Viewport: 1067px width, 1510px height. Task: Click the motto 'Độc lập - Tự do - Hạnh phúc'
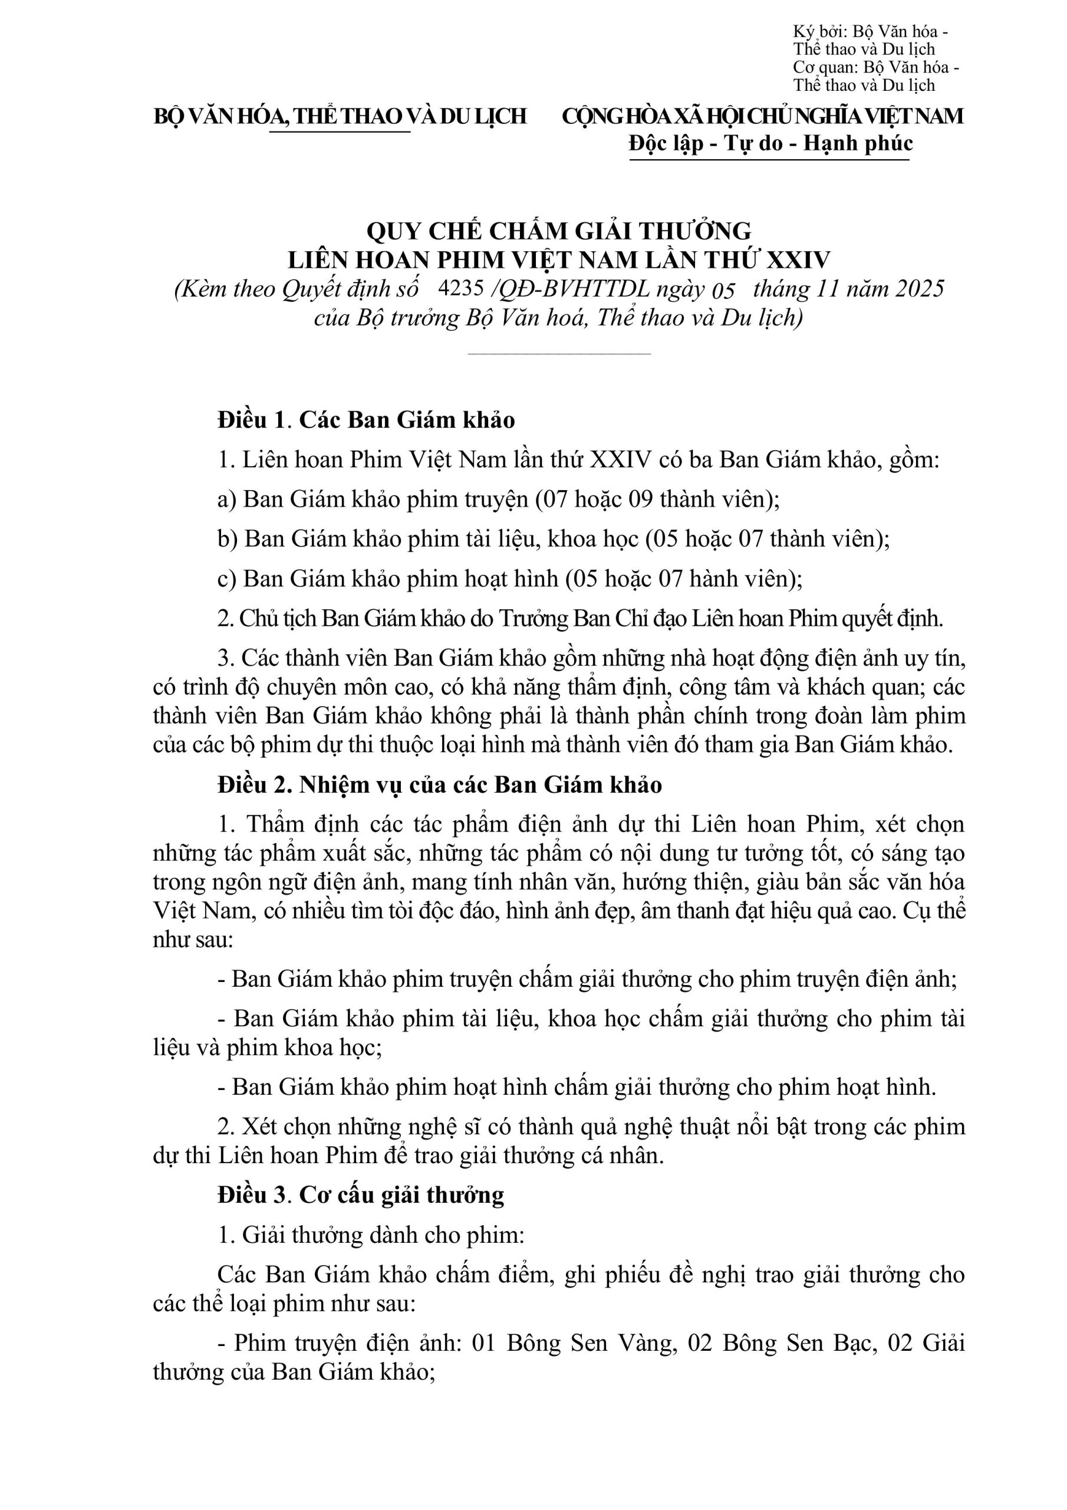click(770, 143)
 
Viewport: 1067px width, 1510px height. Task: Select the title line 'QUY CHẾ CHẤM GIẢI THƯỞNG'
click(559, 231)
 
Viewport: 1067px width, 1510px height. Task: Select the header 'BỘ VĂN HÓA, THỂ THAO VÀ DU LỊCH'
click(340, 116)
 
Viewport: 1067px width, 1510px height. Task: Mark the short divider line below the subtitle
click(559, 354)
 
